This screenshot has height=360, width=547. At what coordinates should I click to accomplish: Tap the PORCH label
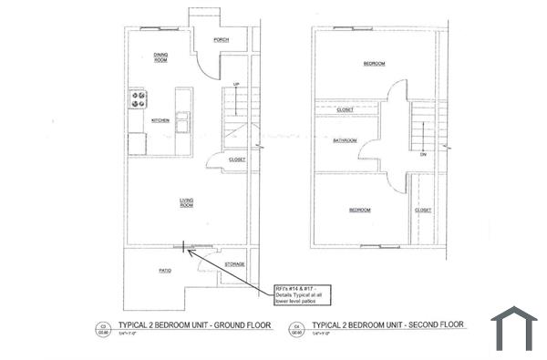pyautogui.click(x=220, y=40)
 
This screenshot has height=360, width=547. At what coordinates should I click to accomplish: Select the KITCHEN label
pyautogui.click(x=160, y=120)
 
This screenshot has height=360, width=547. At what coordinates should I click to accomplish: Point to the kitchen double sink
pyautogui.click(x=183, y=121)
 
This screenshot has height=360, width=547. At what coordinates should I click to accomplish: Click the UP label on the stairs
pyautogui.click(x=236, y=84)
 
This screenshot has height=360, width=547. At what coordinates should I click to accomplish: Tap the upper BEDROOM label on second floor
pyautogui.click(x=374, y=64)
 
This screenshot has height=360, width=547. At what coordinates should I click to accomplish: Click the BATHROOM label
pyautogui.click(x=345, y=140)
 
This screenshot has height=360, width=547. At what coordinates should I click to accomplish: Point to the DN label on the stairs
pyautogui.click(x=423, y=154)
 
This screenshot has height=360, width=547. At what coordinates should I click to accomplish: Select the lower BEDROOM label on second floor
pyautogui.click(x=360, y=210)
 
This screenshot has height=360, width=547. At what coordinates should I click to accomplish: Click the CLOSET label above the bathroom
pyautogui.click(x=345, y=109)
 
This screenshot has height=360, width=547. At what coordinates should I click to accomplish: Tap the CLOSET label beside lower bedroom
pyautogui.click(x=423, y=210)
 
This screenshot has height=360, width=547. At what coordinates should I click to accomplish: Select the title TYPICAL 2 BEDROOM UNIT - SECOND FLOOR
pyautogui.click(x=387, y=324)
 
